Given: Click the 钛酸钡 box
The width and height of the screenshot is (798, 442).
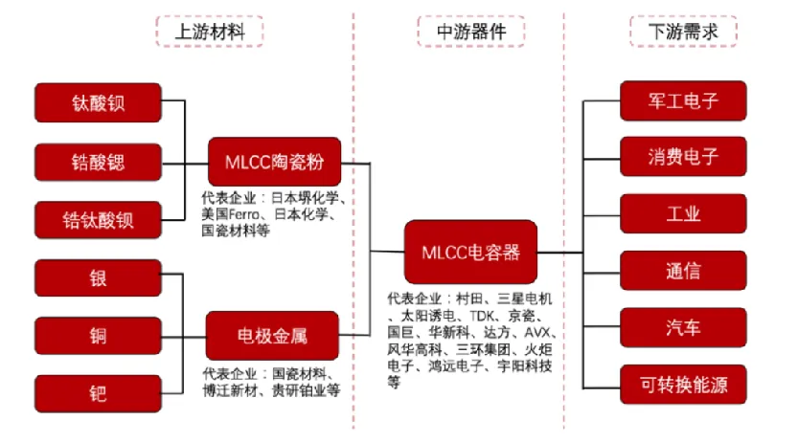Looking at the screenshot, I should [98, 103].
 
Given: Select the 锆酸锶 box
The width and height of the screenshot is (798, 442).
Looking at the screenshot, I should [98, 162].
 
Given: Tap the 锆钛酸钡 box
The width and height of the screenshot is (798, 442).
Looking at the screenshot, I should [98, 220].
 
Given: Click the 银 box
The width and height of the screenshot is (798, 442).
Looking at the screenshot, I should [98, 277].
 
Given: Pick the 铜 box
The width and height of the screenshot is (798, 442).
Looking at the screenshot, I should [98, 336].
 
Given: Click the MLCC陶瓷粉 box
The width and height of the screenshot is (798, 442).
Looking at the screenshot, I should [275, 162].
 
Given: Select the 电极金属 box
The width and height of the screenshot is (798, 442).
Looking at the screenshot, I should [273, 336].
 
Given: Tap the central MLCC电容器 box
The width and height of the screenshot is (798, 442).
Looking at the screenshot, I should [470, 253].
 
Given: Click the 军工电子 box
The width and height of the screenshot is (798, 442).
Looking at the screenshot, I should [683, 100].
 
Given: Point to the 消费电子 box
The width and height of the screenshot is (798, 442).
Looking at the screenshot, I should [683, 157].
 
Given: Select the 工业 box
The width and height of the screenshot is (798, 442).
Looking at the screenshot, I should [683, 214].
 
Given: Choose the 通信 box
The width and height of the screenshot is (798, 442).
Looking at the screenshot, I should [683, 271].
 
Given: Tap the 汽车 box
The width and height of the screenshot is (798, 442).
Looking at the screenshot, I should [683, 328].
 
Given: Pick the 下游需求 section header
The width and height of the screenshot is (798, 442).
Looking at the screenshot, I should [684, 32].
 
